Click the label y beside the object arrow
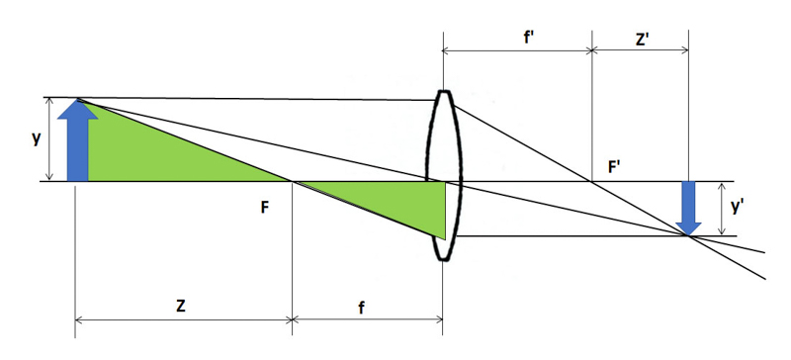pyautogui.click(x=36, y=138)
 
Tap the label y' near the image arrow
pyautogui.click(x=738, y=206)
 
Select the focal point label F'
pyautogui.click(x=614, y=167)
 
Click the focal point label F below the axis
pyautogui.click(x=266, y=207)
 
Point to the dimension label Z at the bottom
pyautogui.click(x=180, y=306)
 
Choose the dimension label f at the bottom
pyautogui.click(x=361, y=307)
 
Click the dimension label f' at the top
pyautogui.click(x=530, y=37)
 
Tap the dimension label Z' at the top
pyautogui.click(x=642, y=40)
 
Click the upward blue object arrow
pyautogui.click(x=78, y=139)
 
